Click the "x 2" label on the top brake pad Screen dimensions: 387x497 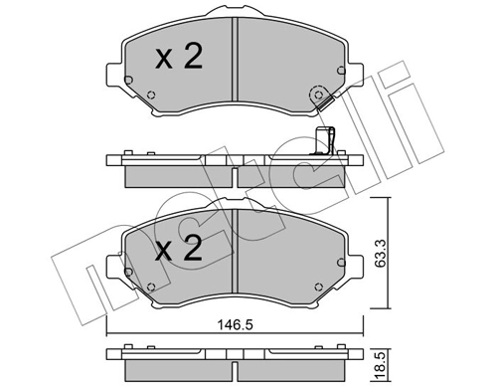click(179, 58)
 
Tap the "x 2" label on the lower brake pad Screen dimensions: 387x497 click(179, 249)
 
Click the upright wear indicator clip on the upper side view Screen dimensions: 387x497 click(320, 142)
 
